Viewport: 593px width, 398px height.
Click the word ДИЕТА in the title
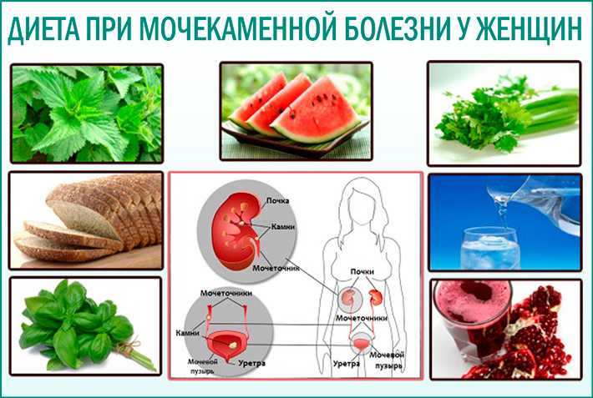[x=44, y=28]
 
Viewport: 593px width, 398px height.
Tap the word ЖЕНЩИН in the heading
[x=529, y=28]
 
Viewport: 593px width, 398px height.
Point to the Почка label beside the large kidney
[x=277, y=201]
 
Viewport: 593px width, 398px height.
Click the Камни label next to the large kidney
[x=283, y=227]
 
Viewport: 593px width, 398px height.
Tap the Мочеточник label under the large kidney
[x=276, y=268]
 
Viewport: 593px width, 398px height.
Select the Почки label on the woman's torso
[x=362, y=271]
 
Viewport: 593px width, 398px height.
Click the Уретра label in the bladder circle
[x=251, y=363]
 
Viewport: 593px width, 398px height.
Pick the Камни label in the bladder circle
[x=188, y=333]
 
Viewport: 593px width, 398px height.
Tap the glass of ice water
[x=490, y=249]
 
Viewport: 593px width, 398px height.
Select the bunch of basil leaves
[x=78, y=325]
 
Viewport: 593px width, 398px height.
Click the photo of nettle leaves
[x=87, y=113]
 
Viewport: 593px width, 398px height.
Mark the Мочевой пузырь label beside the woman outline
[x=387, y=360]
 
